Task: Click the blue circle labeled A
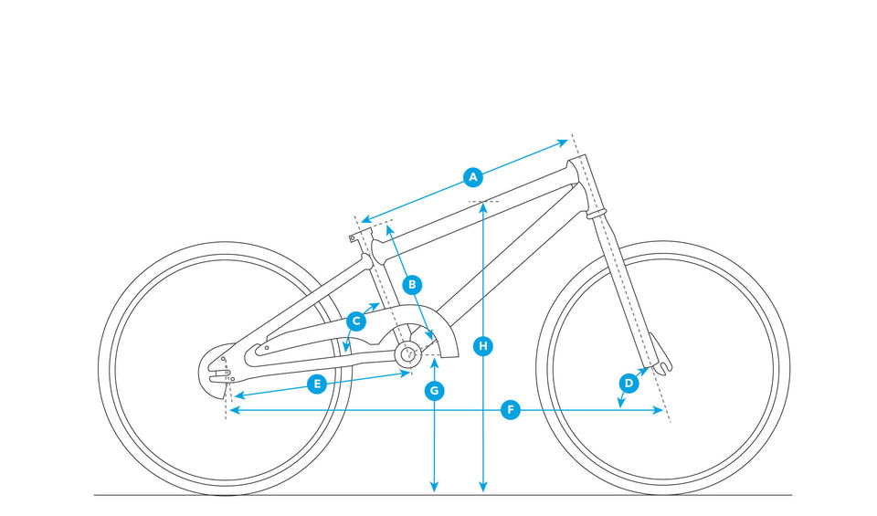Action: [473, 177]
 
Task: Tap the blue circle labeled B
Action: [412, 285]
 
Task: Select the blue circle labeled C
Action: [356, 321]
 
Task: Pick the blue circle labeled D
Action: [629, 384]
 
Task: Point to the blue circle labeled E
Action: [317, 384]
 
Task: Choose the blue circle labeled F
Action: [510, 410]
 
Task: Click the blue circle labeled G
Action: [435, 391]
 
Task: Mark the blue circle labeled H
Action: [483, 346]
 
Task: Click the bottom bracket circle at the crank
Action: [408, 353]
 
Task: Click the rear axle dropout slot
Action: [220, 373]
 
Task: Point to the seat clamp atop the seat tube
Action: [361, 234]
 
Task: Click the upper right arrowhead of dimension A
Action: [564, 143]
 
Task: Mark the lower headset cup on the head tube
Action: [596, 213]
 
